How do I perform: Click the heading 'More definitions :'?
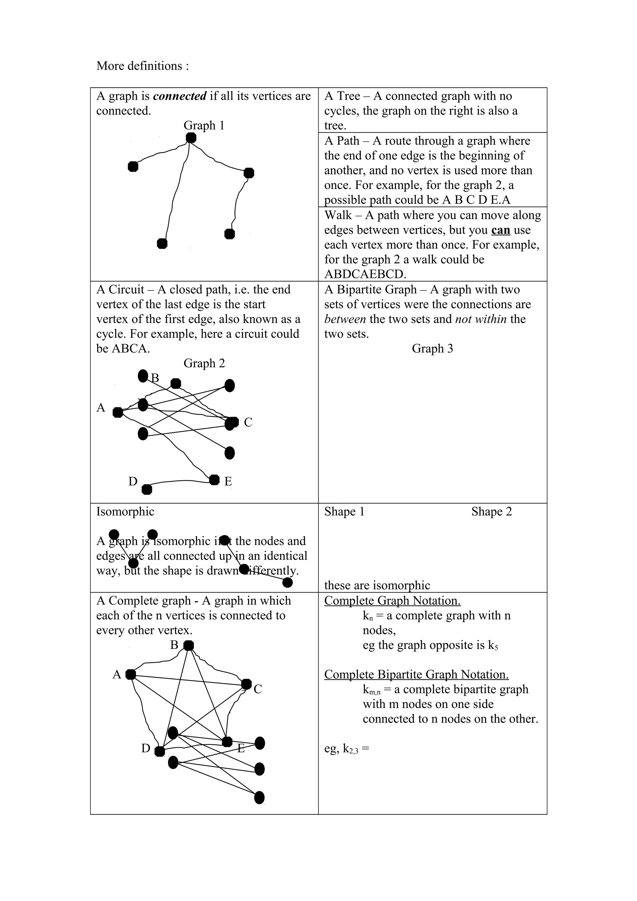pyautogui.click(x=142, y=66)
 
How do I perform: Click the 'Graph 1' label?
pyautogui.click(x=204, y=126)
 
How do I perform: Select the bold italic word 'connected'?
pyautogui.click(x=180, y=96)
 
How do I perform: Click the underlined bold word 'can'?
pyautogui.click(x=500, y=230)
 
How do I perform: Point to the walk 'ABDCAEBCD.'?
pyautogui.click(x=365, y=274)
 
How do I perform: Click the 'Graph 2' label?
pyautogui.click(x=204, y=363)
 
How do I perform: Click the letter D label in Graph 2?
pyautogui.click(x=133, y=481)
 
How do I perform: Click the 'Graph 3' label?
pyautogui.click(x=432, y=349)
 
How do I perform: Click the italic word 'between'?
pyautogui.click(x=345, y=319)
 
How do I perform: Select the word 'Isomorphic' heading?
pyautogui.click(x=125, y=512)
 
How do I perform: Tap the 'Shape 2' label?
pyautogui.click(x=491, y=512)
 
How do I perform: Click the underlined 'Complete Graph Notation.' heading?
pyautogui.click(x=392, y=601)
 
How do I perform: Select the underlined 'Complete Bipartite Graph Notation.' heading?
pyautogui.click(x=416, y=675)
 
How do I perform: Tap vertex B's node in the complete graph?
pyautogui.click(x=189, y=645)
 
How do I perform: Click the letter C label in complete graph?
pyautogui.click(x=258, y=690)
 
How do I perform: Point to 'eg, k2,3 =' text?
pyautogui.click(x=346, y=749)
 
